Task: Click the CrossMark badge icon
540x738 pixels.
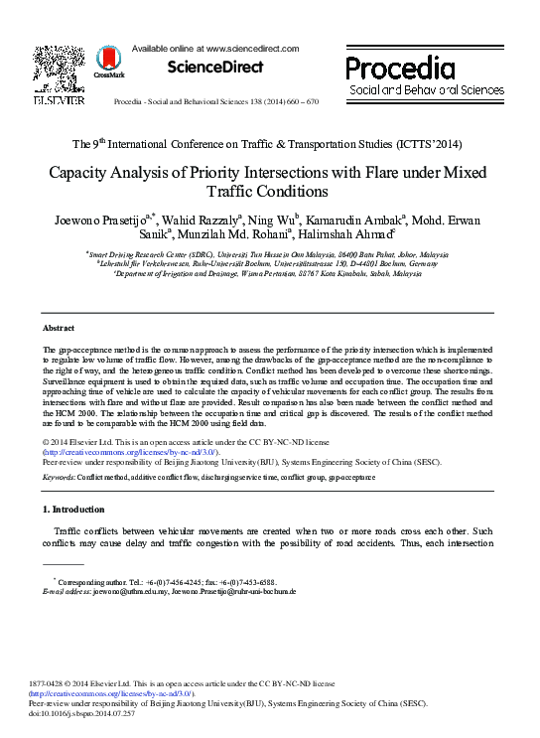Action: pyautogui.click(x=109, y=65)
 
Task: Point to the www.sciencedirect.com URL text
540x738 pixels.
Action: pyautogui.click(x=253, y=48)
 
